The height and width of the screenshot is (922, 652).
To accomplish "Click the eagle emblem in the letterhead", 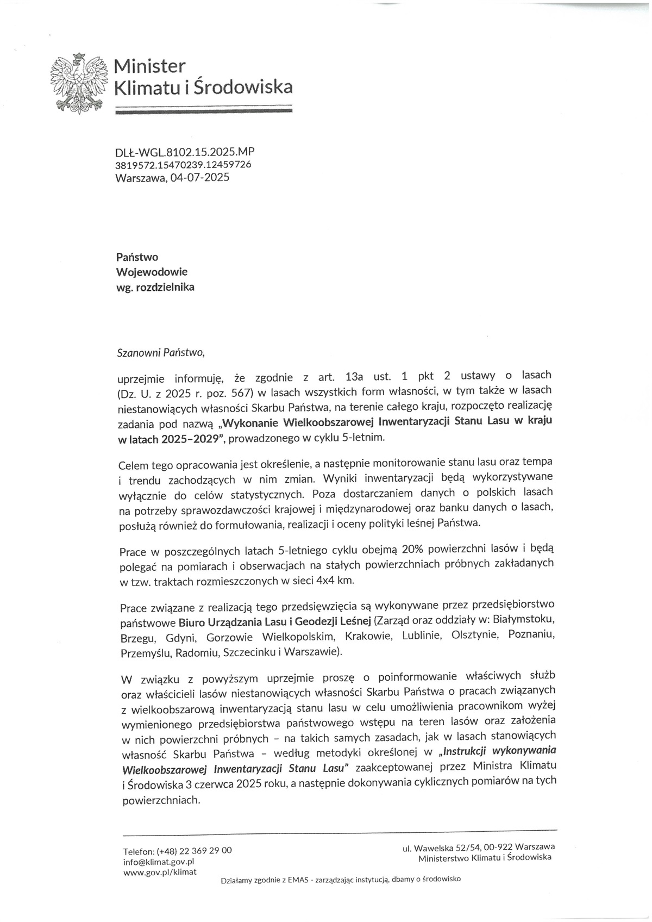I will click(x=77, y=83).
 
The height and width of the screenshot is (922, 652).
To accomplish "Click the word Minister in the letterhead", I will click(x=150, y=66).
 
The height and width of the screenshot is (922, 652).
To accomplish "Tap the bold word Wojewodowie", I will click(x=152, y=272).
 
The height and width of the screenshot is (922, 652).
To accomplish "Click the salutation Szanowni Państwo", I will click(x=161, y=352).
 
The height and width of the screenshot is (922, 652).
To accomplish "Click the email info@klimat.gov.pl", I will click(x=159, y=862).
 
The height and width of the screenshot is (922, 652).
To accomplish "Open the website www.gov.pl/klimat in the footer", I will click(x=160, y=873).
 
